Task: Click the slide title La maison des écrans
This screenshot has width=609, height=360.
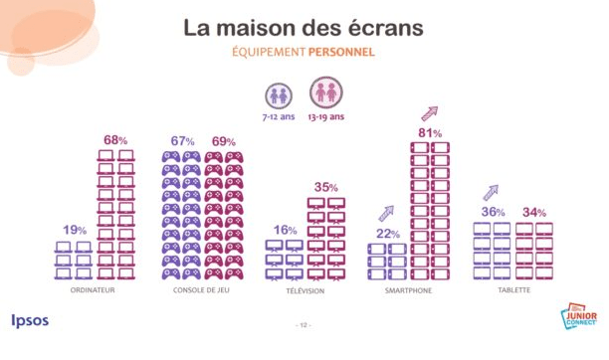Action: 304,27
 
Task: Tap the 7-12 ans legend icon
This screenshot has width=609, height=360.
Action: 278,95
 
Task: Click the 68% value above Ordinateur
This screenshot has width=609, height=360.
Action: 116,140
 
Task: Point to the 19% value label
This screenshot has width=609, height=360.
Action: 75,231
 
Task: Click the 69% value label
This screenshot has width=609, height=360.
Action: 225,141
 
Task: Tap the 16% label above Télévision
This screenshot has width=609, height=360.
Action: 286,230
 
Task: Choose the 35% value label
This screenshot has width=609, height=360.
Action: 326,187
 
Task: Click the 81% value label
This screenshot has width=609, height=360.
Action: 430,133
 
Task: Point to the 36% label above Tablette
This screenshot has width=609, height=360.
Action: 494,212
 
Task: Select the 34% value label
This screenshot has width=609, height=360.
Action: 534,213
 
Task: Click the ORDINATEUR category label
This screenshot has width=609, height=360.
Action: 97,290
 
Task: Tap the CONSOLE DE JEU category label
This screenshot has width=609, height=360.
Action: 203,290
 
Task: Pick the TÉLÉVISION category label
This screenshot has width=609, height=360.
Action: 305,290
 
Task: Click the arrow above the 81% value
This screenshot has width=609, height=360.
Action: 430,112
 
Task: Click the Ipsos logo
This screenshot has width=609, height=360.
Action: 30,321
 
